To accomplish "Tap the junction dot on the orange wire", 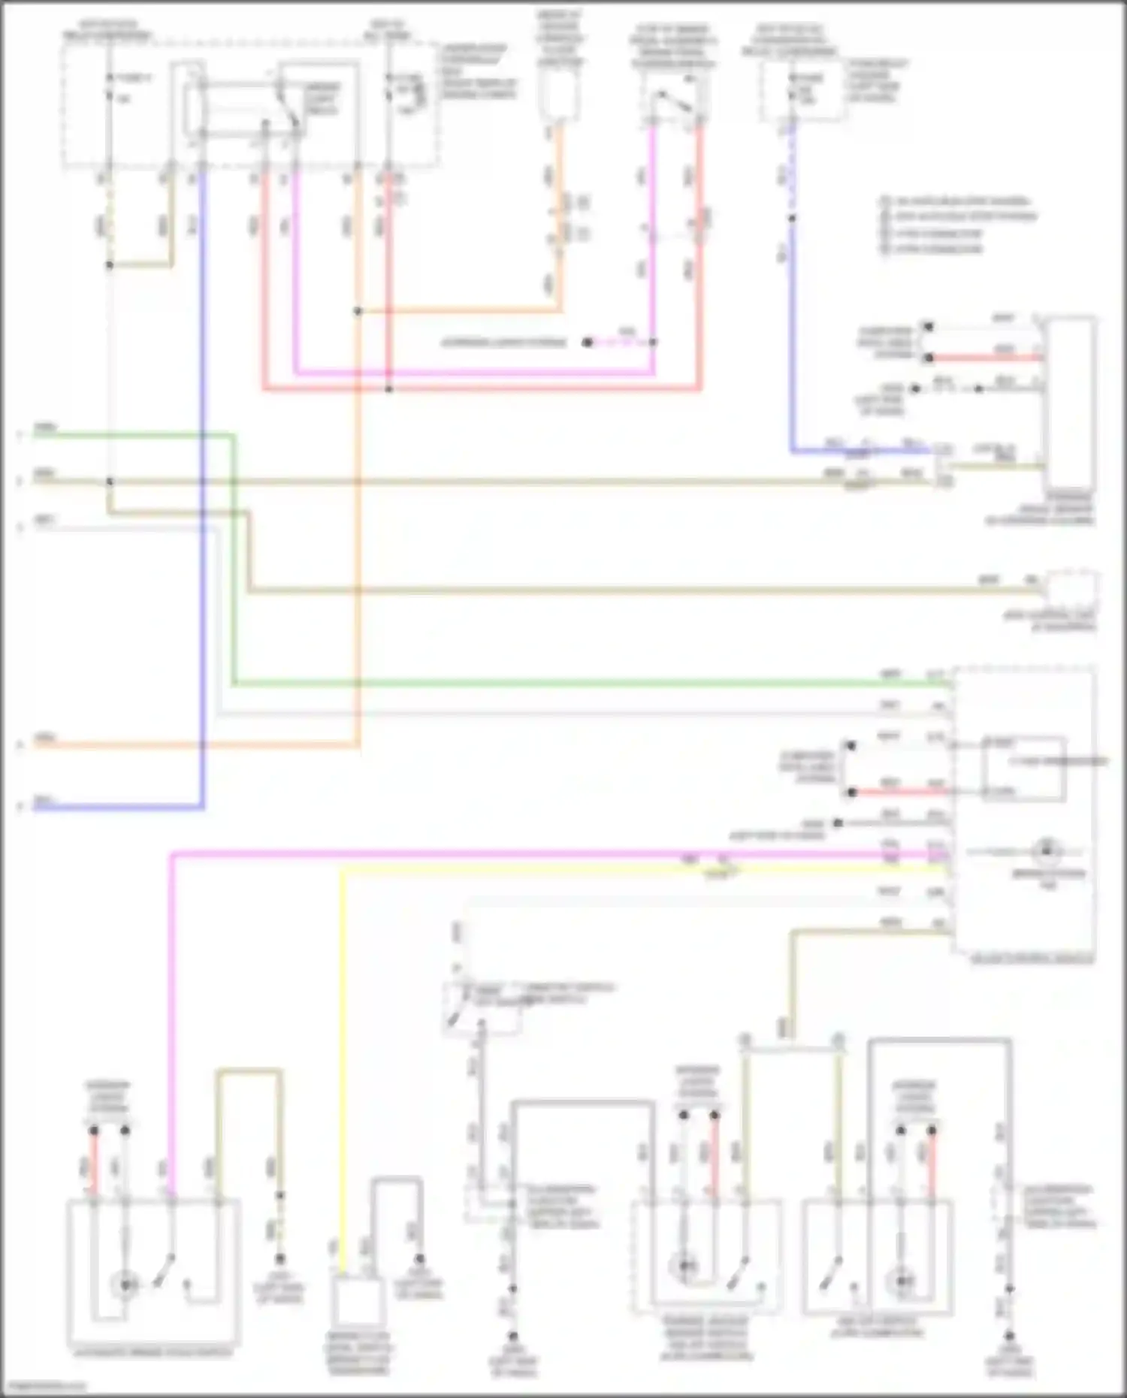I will click(x=358, y=311).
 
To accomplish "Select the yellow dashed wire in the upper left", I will click(x=110, y=218).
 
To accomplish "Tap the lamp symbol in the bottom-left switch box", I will click(x=125, y=1285).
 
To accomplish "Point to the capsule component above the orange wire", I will click(x=559, y=95).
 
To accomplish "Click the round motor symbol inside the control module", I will click(x=1046, y=851).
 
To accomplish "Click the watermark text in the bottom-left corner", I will click(x=44, y=1387).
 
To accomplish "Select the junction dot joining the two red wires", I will click(x=388, y=389).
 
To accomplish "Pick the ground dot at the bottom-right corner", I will click(x=1010, y=1336).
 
